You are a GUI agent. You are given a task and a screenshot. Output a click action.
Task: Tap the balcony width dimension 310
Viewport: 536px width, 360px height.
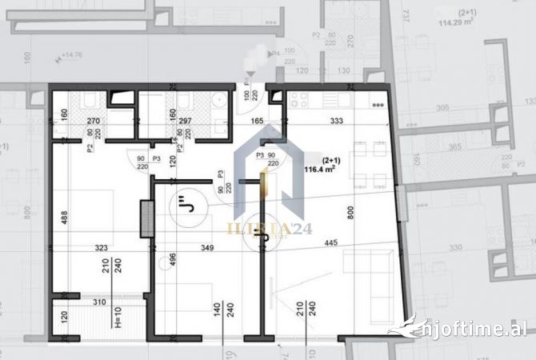(x=98, y=302)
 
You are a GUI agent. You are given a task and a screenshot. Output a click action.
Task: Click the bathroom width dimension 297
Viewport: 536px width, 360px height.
(x=186, y=122)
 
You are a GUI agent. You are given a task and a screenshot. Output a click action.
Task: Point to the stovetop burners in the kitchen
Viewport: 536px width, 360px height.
(x=299, y=99)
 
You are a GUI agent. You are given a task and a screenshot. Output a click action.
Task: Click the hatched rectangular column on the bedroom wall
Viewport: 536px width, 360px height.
(x=146, y=218)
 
